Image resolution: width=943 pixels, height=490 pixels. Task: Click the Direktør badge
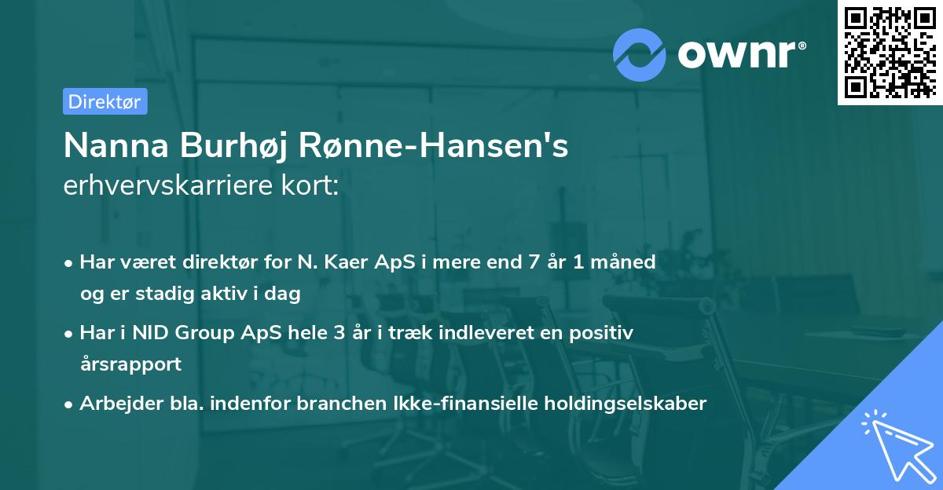[105, 101]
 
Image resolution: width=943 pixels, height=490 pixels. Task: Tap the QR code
[890, 53]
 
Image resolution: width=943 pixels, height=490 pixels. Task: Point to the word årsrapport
[130, 364]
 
